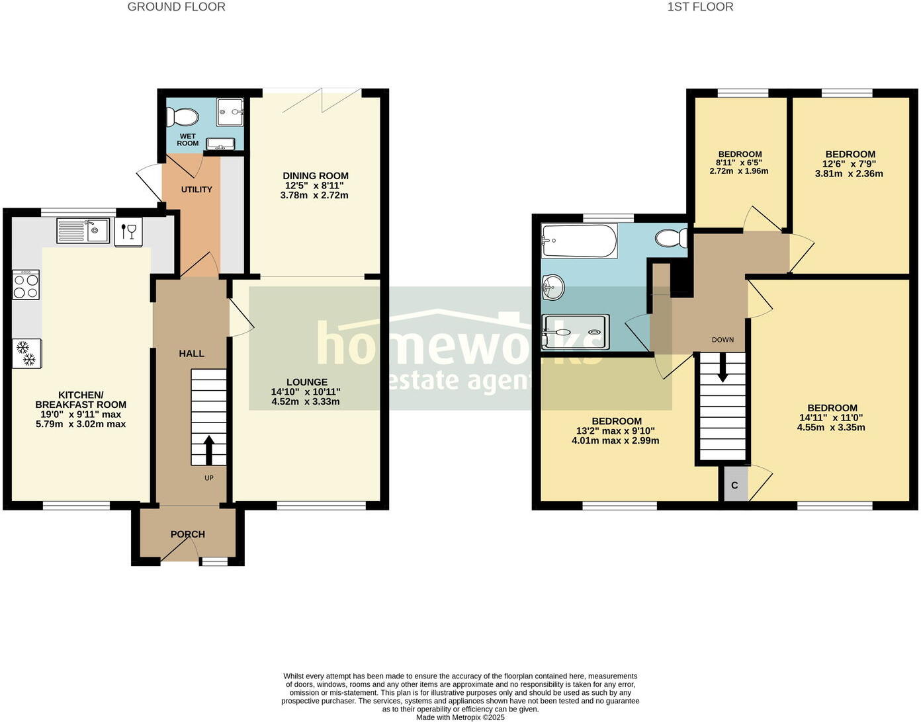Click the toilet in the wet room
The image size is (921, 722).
(x=183, y=118)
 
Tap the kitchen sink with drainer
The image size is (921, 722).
(x=83, y=231)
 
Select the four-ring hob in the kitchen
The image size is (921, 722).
(x=26, y=285)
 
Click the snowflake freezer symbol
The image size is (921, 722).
(x=26, y=353)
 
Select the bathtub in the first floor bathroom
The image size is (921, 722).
(x=579, y=241)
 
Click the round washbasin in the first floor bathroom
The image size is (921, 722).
(x=552, y=286)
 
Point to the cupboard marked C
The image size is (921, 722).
(x=734, y=485)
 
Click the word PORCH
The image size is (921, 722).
(x=188, y=534)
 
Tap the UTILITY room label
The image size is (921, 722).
(x=197, y=189)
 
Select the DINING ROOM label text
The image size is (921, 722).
(x=316, y=176)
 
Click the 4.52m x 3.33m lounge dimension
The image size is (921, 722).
(x=306, y=401)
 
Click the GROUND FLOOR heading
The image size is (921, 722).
(x=176, y=7)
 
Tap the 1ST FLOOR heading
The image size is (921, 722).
(x=700, y=7)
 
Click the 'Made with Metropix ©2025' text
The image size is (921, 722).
(x=460, y=717)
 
